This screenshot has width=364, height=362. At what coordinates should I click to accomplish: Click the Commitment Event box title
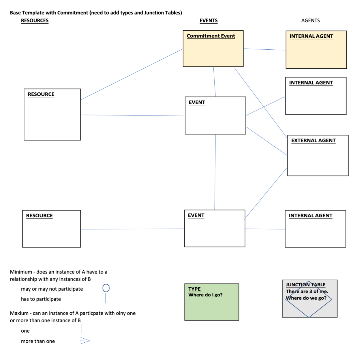pos(211,36)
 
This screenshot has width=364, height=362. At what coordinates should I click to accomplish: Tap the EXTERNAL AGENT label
pos(313,141)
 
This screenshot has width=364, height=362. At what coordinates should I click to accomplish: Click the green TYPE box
pos(211,306)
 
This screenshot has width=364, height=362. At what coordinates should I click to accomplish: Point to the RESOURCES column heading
pos(35,20)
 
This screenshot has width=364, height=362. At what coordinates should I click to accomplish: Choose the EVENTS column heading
pos(209,20)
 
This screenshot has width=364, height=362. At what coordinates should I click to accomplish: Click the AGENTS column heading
pos(310,20)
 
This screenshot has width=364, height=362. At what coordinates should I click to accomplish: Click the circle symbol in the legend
pos(106,288)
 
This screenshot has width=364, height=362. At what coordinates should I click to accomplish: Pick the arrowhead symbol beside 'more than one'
pos(85,341)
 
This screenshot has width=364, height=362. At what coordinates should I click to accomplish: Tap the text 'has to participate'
pos(41,299)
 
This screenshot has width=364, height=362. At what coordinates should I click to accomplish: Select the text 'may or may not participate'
pos(52,289)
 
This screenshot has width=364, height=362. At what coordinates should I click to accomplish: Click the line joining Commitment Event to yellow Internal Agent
pos(264,49)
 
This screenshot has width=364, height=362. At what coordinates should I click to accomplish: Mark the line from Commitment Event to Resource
pos(132,74)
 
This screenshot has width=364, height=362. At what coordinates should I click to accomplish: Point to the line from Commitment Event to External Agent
pos(261,102)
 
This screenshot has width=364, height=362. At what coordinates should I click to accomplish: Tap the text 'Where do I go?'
pos(205,295)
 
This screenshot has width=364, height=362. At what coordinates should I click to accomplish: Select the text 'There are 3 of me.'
pos(307,291)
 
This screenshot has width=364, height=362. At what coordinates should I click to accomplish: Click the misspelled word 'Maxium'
pos(19,313)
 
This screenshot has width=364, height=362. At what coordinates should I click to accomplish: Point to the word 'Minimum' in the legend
pos(21,272)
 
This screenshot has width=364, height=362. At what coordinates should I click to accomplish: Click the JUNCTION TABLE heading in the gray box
pos(305,285)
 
